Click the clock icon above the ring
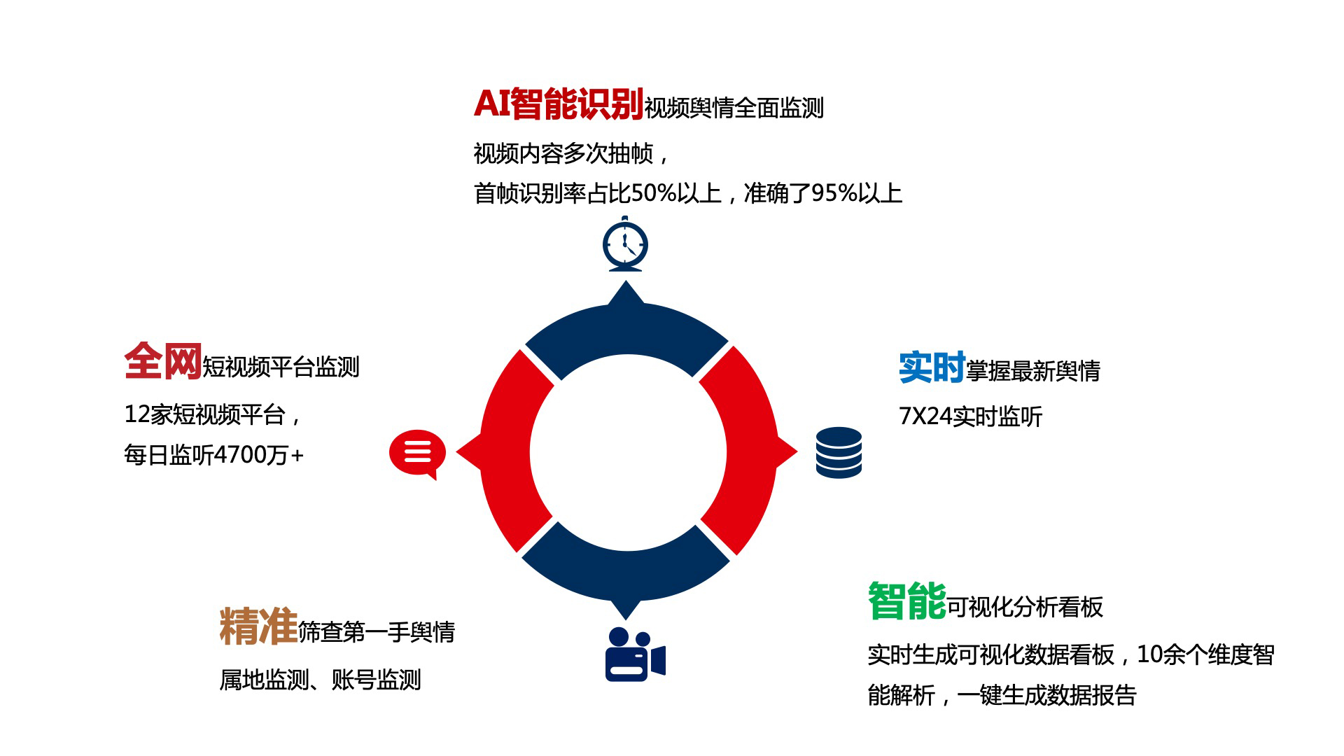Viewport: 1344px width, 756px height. point(625,244)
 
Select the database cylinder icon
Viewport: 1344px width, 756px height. point(839,453)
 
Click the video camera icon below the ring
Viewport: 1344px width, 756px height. point(635,654)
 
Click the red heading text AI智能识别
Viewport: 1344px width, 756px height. point(559,104)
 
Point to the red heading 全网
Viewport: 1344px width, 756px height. point(163,361)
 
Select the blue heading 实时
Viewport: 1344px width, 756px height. point(932,367)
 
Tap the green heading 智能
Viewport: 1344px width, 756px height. point(907,601)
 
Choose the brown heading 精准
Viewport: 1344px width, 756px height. point(258,626)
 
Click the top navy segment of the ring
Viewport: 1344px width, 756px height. point(626,329)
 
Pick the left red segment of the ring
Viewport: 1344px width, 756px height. point(505,451)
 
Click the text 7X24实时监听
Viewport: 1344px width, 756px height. point(971,416)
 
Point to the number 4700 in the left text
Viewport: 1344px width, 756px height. point(241,456)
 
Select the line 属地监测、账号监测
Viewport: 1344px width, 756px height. point(320,680)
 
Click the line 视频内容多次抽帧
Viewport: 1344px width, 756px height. point(563,153)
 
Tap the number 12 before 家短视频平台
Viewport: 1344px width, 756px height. point(136,414)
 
